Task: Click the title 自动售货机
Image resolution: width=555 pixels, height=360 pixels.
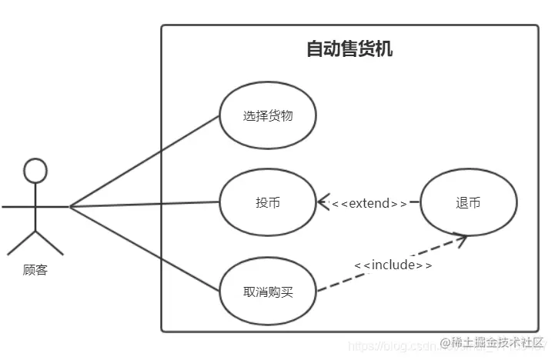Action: click(x=349, y=50)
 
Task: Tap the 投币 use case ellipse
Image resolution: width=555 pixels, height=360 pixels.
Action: click(x=268, y=203)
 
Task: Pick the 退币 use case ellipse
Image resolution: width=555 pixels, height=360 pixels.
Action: click(x=468, y=203)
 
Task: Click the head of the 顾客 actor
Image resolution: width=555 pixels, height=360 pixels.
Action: click(x=35, y=170)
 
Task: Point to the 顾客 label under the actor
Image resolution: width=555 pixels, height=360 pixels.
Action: click(x=35, y=270)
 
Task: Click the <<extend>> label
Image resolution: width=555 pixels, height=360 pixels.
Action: click(x=369, y=204)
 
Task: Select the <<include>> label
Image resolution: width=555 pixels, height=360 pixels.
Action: click(x=393, y=265)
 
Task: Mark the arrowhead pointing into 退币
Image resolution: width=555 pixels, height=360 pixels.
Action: click(x=460, y=239)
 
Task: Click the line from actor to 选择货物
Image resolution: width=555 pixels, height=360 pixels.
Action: click(x=146, y=160)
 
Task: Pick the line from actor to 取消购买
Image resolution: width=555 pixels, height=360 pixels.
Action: click(x=146, y=248)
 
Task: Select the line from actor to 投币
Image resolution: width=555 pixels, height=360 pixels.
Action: click(x=146, y=205)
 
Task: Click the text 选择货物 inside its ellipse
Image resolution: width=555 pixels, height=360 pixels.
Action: click(x=268, y=116)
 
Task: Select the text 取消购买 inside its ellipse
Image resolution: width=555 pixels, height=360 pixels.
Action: click(x=268, y=292)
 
